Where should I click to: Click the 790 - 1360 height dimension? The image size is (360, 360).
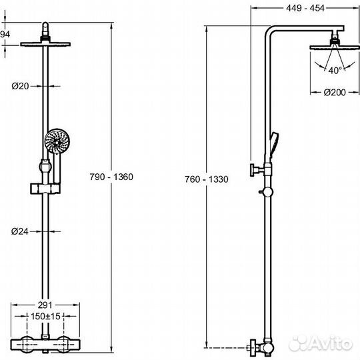tap(111, 177)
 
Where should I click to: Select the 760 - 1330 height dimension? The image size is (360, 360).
tap(207, 179)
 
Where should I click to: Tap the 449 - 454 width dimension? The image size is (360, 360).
tap(305, 8)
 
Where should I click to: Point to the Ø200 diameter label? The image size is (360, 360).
tap(335, 92)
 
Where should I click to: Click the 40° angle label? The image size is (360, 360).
tap(335, 71)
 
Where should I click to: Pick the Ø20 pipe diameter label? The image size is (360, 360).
tap(21, 86)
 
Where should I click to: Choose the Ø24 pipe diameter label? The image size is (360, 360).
tap(20, 231)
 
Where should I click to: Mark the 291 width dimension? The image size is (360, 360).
tap(45, 305)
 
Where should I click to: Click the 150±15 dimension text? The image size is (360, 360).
tap(45, 317)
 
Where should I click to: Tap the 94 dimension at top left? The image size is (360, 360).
tap(5, 35)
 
